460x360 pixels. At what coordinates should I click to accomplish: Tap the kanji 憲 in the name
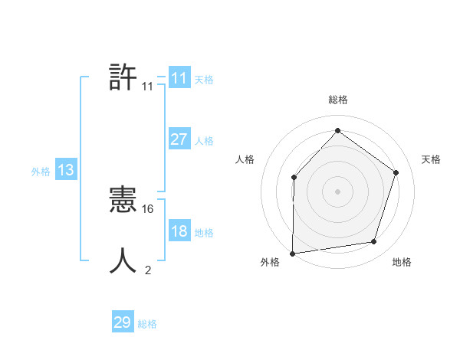pyautogui.click(x=123, y=201)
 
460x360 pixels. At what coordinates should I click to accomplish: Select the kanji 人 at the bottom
pyautogui.click(x=123, y=261)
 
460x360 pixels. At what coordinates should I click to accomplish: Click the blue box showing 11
pyautogui.click(x=179, y=78)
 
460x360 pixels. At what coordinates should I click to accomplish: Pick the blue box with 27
pyautogui.click(x=179, y=139)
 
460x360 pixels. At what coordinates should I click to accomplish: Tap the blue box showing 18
pyautogui.click(x=179, y=231)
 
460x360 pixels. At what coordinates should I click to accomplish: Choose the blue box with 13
pyautogui.click(x=65, y=170)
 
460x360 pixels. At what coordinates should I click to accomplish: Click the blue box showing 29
pyautogui.click(x=123, y=322)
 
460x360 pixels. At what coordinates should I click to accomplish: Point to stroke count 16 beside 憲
pyautogui.click(x=149, y=208)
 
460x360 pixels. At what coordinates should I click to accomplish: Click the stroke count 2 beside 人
pyautogui.click(x=148, y=270)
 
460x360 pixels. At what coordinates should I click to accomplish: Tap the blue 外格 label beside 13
pyautogui.click(x=41, y=172)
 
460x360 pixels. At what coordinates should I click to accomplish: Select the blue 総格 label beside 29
pyautogui.click(x=147, y=324)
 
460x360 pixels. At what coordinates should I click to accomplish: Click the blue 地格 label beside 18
pyautogui.click(x=204, y=233)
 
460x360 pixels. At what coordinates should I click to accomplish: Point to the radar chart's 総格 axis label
pyautogui.click(x=337, y=100)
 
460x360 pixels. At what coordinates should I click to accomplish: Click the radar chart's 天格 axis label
pyautogui.click(x=431, y=159)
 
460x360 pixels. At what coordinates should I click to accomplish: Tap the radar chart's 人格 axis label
pyautogui.click(x=245, y=159)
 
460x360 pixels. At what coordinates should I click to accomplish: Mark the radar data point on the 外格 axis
pyautogui.click(x=292, y=253)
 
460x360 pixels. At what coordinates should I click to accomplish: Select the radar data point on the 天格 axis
pyautogui.click(x=396, y=172)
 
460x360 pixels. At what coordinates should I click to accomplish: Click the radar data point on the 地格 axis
pyautogui.click(x=373, y=242)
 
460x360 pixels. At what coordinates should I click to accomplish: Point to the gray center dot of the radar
pyautogui.click(x=337, y=191)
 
